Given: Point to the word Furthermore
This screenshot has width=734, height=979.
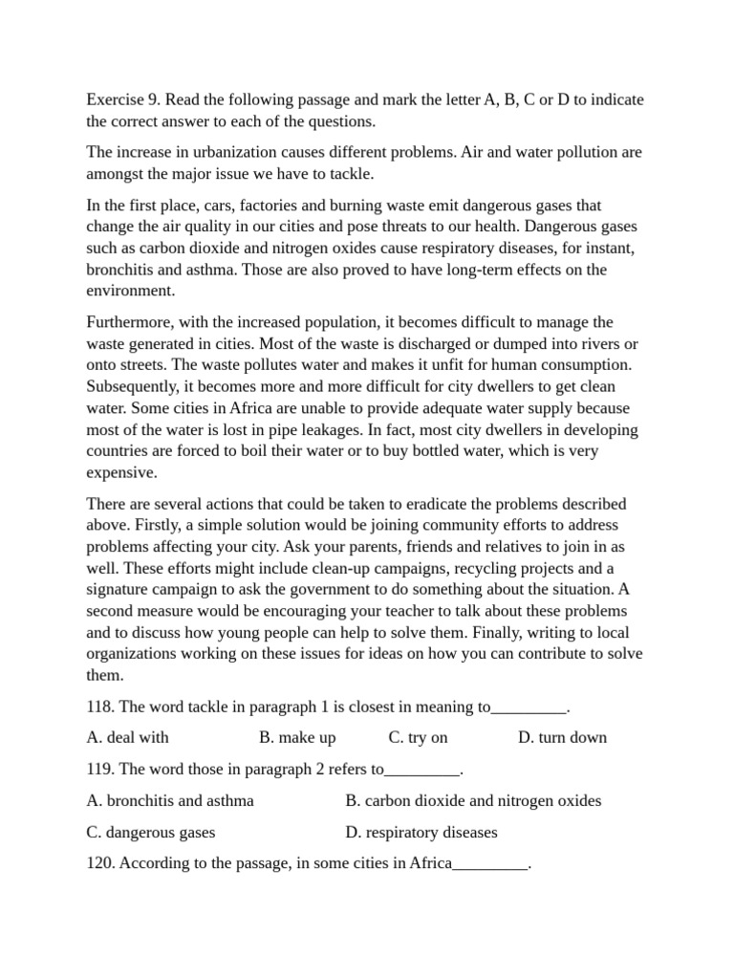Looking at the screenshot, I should click(130, 322).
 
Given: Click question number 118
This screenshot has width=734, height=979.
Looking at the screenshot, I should click(99, 707).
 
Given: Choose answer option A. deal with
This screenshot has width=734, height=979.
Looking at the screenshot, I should click(127, 737).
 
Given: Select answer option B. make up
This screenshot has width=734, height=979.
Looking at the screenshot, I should click(297, 737).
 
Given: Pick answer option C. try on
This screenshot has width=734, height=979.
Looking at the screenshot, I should click(418, 737).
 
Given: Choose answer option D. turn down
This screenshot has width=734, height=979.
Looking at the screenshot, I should click(562, 737).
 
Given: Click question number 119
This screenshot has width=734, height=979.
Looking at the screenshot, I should click(99, 769).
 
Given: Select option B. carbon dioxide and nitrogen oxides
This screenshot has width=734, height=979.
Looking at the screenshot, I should click(473, 800).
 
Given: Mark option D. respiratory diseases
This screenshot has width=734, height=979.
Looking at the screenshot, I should click(421, 833).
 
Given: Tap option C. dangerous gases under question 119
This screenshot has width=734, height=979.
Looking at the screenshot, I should click(150, 833).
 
